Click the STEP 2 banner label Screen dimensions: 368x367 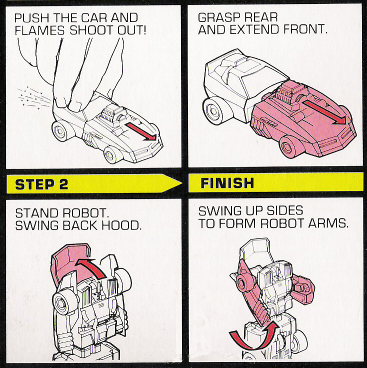point(41,184)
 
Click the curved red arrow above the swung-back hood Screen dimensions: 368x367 point(92,263)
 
